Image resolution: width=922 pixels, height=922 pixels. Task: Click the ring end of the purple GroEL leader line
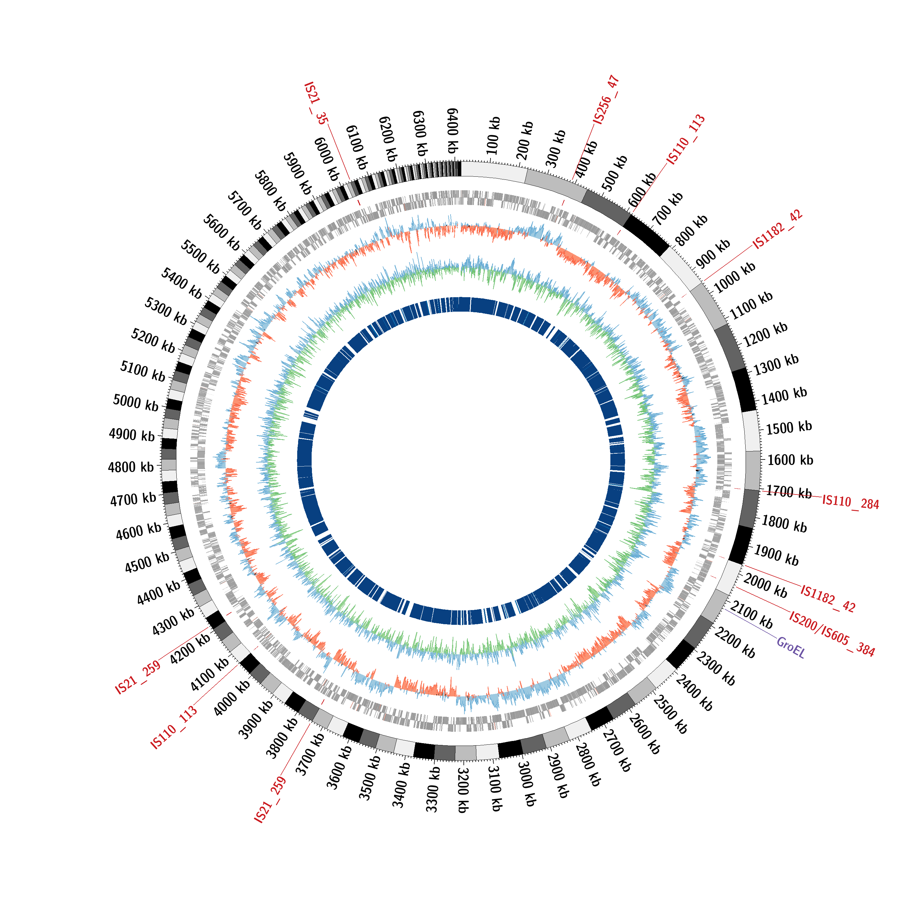[724, 609]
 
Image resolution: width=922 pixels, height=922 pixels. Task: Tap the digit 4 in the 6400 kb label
[452, 115]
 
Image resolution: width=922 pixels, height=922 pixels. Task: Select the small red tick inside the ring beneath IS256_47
[563, 203]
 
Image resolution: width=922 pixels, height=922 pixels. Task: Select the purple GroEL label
[791, 648]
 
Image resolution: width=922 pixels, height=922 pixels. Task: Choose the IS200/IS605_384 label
[832, 633]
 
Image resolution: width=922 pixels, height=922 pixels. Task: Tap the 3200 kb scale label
[463, 790]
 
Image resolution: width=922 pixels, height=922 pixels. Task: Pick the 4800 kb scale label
[131, 467]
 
